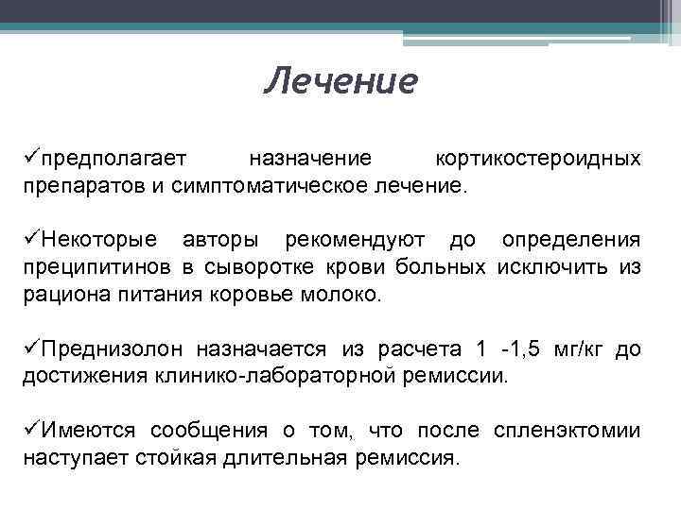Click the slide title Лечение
[340, 81]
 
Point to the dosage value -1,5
[522, 349]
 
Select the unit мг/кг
[580, 349]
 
